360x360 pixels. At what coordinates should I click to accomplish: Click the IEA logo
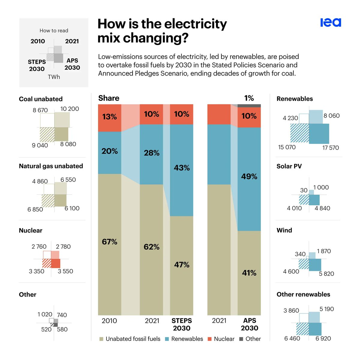[x=331, y=23]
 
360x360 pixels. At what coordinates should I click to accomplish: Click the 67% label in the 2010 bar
[x=109, y=242]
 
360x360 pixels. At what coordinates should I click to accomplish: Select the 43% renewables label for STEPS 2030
[x=181, y=168]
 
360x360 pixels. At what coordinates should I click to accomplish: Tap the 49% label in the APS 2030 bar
[x=249, y=177]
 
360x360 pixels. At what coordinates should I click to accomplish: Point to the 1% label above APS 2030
[x=249, y=98]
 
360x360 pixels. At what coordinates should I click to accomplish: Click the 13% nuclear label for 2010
[x=109, y=117]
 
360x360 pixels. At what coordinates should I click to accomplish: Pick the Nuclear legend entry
[x=221, y=339]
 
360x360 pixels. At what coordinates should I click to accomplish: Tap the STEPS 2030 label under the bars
[x=181, y=324]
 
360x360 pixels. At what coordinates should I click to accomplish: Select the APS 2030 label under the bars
[x=249, y=324]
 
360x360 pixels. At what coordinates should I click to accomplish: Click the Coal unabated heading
[x=41, y=99]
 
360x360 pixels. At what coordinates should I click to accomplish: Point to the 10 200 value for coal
[x=70, y=109]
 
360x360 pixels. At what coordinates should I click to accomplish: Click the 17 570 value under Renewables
[x=331, y=148]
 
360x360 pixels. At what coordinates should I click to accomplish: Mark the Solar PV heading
[x=289, y=166]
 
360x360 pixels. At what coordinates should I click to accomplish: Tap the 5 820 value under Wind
[x=326, y=274]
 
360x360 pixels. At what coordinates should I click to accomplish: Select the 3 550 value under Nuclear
[x=65, y=271]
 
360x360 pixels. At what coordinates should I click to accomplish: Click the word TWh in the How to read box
[x=54, y=77]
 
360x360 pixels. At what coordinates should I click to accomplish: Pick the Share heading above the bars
[x=109, y=98]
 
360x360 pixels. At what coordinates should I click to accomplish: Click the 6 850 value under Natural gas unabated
[x=35, y=209]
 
